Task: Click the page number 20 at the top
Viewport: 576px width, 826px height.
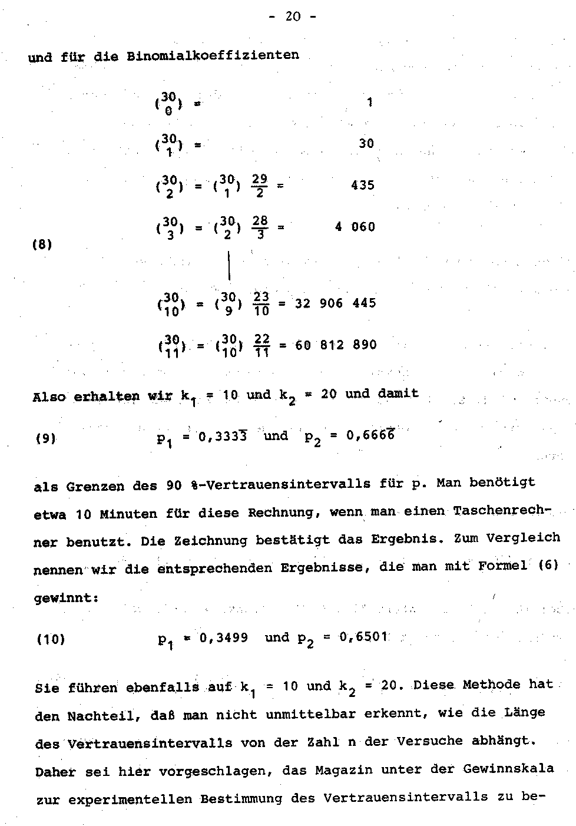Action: (x=292, y=16)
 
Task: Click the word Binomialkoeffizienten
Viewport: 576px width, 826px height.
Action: (x=213, y=55)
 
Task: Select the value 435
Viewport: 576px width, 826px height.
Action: (x=363, y=185)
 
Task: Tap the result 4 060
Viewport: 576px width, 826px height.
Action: (x=355, y=227)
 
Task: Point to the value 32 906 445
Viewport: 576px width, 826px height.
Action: (x=335, y=303)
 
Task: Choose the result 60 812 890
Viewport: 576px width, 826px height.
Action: (x=335, y=345)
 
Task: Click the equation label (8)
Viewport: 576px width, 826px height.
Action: (x=42, y=245)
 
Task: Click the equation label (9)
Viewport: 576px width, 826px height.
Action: (x=46, y=438)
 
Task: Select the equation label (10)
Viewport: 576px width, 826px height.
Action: (x=50, y=639)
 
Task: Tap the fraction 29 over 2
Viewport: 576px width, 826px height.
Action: (x=259, y=185)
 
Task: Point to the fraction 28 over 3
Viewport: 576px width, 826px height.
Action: (x=260, y=227)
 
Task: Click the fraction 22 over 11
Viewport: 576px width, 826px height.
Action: (x=262, y=345)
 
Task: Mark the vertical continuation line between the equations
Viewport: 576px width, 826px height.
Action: (x=229, y=266)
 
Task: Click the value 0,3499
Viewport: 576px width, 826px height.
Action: (x=224, y=637)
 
